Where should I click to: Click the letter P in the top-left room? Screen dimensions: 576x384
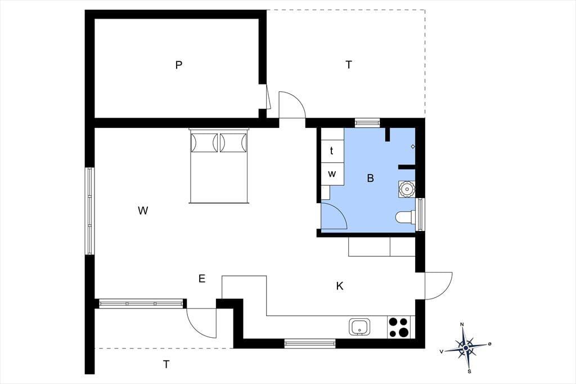click(178, 65)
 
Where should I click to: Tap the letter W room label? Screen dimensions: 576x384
click(143, 211)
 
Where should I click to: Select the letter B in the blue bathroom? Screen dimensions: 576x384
click(370, 178)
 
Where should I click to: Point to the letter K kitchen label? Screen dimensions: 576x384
click(340, 286)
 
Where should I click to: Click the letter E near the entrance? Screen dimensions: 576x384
click(202, 279)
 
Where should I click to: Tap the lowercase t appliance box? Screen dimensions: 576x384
click(332, 151)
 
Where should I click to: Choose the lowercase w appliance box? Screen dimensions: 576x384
click(332, 174)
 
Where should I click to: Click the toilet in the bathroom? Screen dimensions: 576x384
click(405, 217)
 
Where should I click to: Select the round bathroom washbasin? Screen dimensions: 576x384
click(407, 189)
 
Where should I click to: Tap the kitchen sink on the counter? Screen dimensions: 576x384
click(360, 327)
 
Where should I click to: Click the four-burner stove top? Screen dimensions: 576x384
click(399, 327)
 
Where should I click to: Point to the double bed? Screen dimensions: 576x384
click(219, 166)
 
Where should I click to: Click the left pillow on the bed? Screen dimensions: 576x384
click(205, 142)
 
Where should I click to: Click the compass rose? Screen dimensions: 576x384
click(466, 347)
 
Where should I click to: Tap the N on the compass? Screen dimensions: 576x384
click(462, 324)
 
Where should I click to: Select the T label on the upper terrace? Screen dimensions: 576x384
click(349, 65)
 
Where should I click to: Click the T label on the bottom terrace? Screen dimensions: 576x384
click(166, 364)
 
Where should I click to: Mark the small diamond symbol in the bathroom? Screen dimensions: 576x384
click(413, 147)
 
